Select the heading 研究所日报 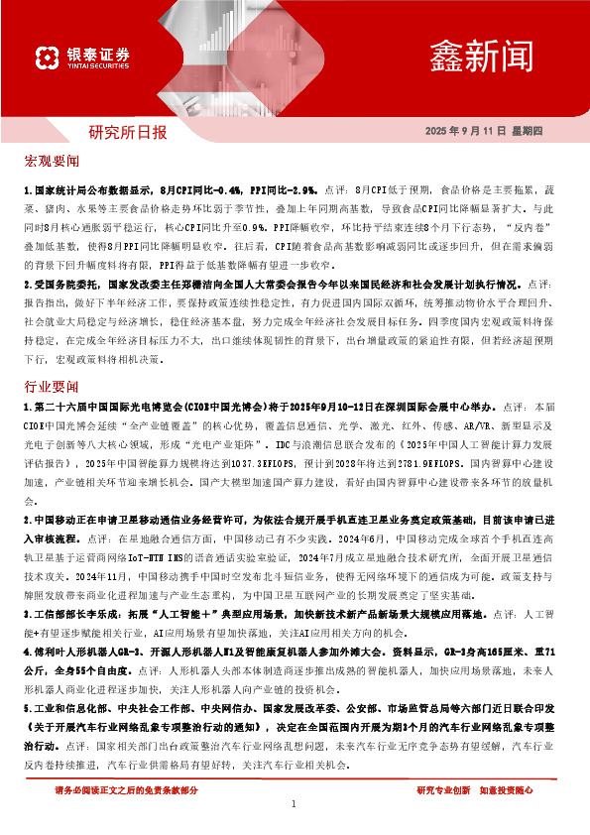coord(128,131)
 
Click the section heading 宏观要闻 coord(52,161)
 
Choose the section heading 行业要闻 coord(52,385)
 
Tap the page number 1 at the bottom coord(295,804)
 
